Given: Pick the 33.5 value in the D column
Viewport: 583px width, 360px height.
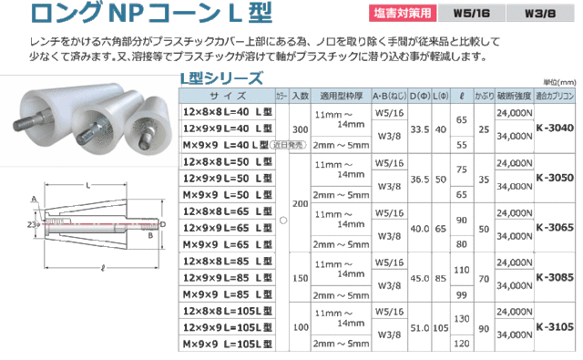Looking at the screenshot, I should coord(420,129).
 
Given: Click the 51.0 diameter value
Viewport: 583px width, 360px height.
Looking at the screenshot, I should coord(420,325).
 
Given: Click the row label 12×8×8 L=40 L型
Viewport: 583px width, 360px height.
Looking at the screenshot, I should coord(225,111).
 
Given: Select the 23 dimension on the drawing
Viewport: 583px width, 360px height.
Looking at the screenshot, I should coord(32,221).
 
